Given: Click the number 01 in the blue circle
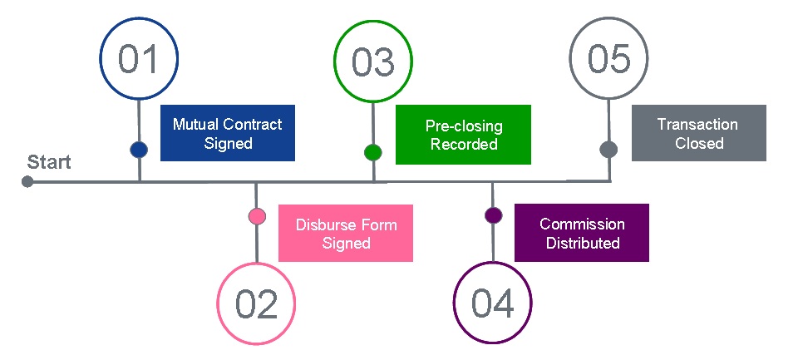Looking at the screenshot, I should point(139,60).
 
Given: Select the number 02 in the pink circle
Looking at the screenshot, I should point(256,305).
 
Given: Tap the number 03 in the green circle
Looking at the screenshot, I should point(373,62).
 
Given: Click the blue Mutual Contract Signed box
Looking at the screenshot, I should point(227,133).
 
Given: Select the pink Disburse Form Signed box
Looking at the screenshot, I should point(345,234).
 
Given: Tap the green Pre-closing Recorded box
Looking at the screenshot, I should point(463,133).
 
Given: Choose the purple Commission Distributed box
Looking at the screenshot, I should point(581,234).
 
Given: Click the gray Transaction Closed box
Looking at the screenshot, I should point(698,133).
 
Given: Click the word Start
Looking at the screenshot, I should point(49,162).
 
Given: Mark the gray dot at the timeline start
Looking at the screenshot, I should point(27,181).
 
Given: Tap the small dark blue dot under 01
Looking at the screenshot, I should point(139,150).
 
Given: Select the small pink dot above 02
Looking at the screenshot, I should point(257,216).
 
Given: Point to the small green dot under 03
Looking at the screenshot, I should point(373,152).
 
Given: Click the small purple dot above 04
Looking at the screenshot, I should point(493,215).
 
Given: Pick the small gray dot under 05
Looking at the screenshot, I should point(608,150).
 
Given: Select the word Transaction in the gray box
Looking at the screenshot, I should point(697,124).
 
